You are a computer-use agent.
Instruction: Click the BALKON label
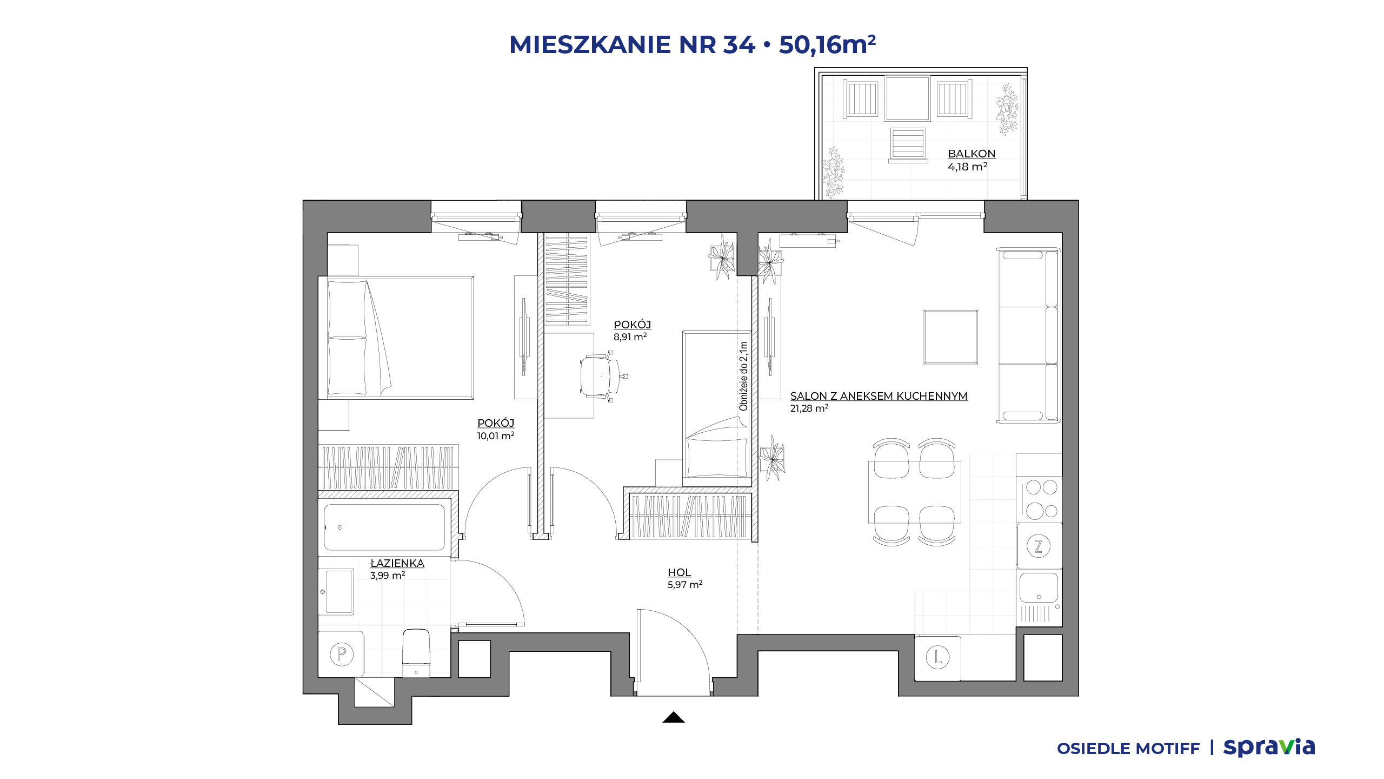972,154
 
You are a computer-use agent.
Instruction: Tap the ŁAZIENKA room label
397,563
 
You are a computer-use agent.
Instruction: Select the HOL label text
679,572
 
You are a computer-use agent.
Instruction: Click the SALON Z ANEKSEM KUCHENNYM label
879,396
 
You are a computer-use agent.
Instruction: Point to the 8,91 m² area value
630,336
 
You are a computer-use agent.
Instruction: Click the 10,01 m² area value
496,435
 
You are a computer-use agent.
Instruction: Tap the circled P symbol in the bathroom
342,654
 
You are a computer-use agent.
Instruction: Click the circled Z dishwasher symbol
1038,546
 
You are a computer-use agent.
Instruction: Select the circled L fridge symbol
937,657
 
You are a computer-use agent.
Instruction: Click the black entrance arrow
674,717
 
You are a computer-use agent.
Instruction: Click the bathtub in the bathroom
384,527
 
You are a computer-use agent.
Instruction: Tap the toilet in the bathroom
416,652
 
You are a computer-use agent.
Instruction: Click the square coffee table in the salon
950,337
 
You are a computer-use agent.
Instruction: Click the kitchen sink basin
1039,587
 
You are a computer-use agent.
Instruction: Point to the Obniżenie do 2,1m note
743,376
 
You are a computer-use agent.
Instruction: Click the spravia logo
1269,748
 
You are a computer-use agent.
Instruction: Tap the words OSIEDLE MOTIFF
1128,749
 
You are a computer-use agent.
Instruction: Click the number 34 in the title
739,44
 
